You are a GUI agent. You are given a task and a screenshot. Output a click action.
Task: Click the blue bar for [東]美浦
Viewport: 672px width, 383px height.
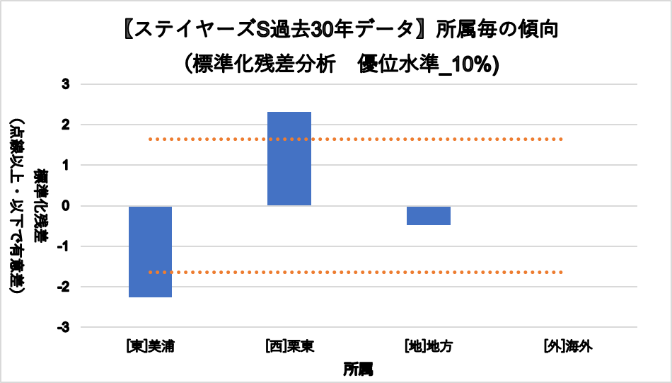point(150,251)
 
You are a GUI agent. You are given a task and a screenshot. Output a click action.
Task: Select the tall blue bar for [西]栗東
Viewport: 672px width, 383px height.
point(289,159)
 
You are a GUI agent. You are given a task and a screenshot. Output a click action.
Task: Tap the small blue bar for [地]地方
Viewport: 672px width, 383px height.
point(428,215)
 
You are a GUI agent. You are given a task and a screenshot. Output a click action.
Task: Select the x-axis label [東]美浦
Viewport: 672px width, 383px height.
point(150,347)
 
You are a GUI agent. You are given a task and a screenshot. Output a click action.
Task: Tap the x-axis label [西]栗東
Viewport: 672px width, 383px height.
point(289,347)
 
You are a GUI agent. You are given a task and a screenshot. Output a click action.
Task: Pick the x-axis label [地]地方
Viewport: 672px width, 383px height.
point(428,347)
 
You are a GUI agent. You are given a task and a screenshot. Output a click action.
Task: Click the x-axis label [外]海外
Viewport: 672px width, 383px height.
point(567,347)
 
